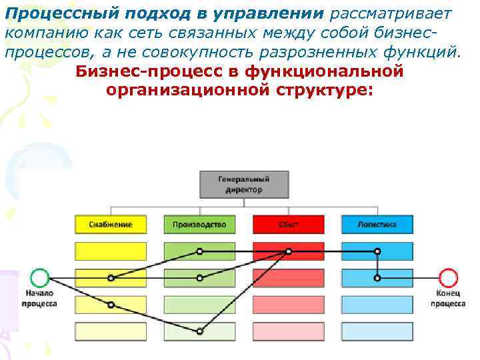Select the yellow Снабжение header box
(111, 225)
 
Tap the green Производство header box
(199, 225)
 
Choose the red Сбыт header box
(289, 225)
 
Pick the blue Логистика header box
(377, 225)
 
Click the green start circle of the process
(40, 278)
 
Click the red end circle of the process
(449, 278)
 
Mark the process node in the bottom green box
(200, 331)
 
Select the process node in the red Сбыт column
(289, 252)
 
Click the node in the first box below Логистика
(377, 252)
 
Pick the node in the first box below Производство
(199, 252)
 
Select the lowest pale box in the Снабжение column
(111, 331)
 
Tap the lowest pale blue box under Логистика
(377, 331)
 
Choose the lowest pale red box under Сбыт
(289, 331)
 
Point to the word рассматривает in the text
(380, 14)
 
